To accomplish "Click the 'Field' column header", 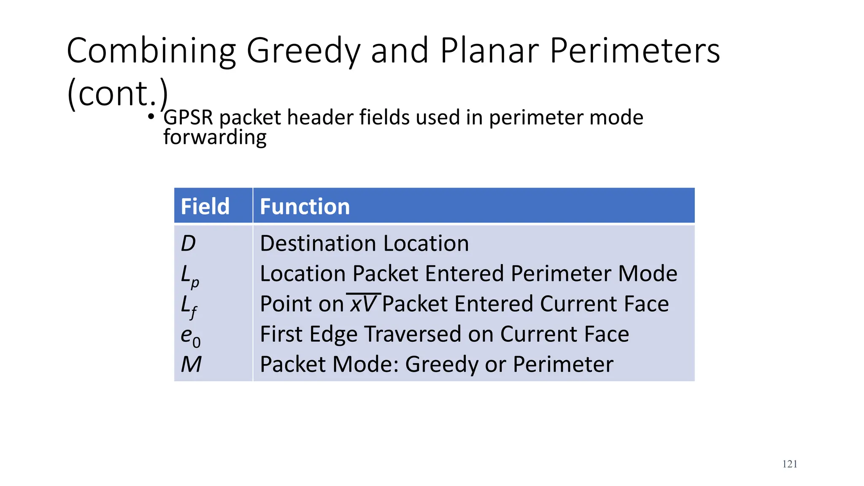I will [x=205, y=206].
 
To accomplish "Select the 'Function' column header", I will [x=305, y=206].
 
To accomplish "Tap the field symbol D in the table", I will [x=188, y=243].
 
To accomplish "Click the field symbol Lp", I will [x=189, y=275].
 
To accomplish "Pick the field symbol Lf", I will [x=189, y=306].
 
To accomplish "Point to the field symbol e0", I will [x=190, y=336].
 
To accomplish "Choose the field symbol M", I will [x=191, y=364].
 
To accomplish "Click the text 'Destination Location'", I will [x=364, y=243].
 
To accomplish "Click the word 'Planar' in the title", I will [x=489, y=51].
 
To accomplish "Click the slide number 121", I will [x=790, y=464].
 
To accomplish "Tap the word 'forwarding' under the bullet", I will [x=215, y=138].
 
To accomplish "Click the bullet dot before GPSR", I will [x=151, y=116].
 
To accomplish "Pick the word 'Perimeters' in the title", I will [x=635, y=51].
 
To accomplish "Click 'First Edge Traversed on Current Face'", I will [x=444, y=334].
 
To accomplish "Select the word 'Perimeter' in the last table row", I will [x=563, y=364].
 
